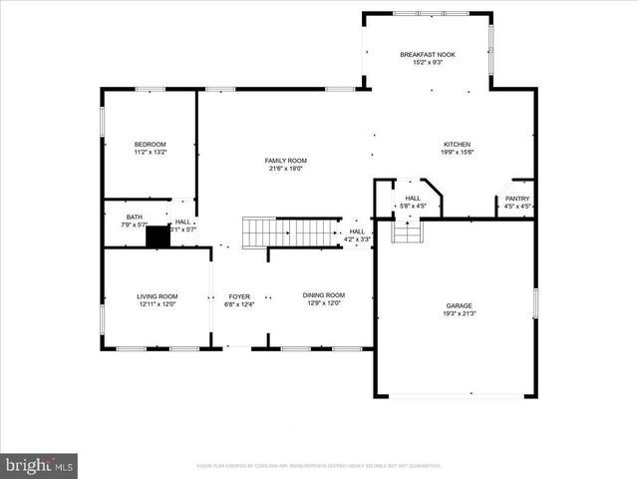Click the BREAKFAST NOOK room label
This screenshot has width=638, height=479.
coord(428,54)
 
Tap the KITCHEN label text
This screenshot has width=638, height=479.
coord(457,144)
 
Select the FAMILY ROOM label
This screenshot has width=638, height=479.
coord(285,161)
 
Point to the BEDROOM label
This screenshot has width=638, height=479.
coord(151,144)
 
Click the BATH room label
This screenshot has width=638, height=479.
coord(134,217)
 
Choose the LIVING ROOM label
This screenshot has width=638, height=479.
coord(157,296)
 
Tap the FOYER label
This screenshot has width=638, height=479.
coord(239,296)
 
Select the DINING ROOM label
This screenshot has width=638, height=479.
coord(324,296)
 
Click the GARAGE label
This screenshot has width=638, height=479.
coord(459,305)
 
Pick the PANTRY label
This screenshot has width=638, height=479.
coord(517,199)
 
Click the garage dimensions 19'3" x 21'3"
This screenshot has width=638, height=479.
coord(459,313)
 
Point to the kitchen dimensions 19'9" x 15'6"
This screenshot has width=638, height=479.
coord(457,152)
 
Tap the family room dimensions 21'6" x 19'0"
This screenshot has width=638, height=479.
coord(285,169)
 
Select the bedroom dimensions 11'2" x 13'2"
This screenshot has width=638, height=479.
coord(151,152)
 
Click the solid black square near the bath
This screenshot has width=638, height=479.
coord(158,237)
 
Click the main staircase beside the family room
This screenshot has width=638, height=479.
coord(290,233)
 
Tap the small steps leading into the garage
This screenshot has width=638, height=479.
coord(407,232)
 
